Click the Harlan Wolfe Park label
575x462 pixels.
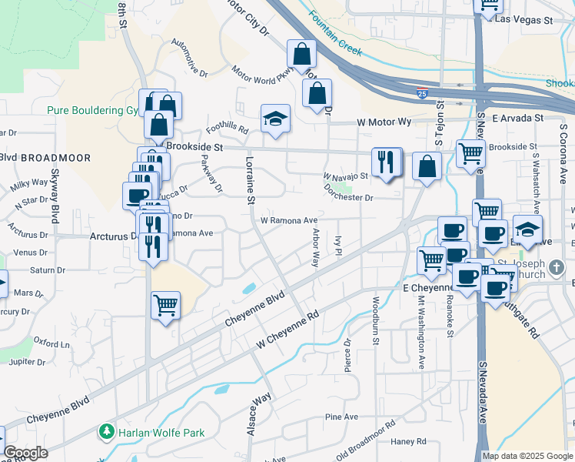(x=161, y=433)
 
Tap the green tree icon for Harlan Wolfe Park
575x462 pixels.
(x=108, y=433)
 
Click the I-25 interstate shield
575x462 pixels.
(x=423, y=92)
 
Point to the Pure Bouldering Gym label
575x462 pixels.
(x=92, y=110)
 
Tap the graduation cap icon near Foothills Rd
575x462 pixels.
(x=275, y=119)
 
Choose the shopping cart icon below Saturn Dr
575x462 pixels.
(x=165, y=306)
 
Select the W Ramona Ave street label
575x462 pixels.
(x=289, y=220)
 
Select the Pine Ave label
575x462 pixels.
(x=342, y=417)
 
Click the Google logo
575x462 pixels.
(x=25, y=453)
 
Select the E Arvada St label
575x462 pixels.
(x=518, y=118)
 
